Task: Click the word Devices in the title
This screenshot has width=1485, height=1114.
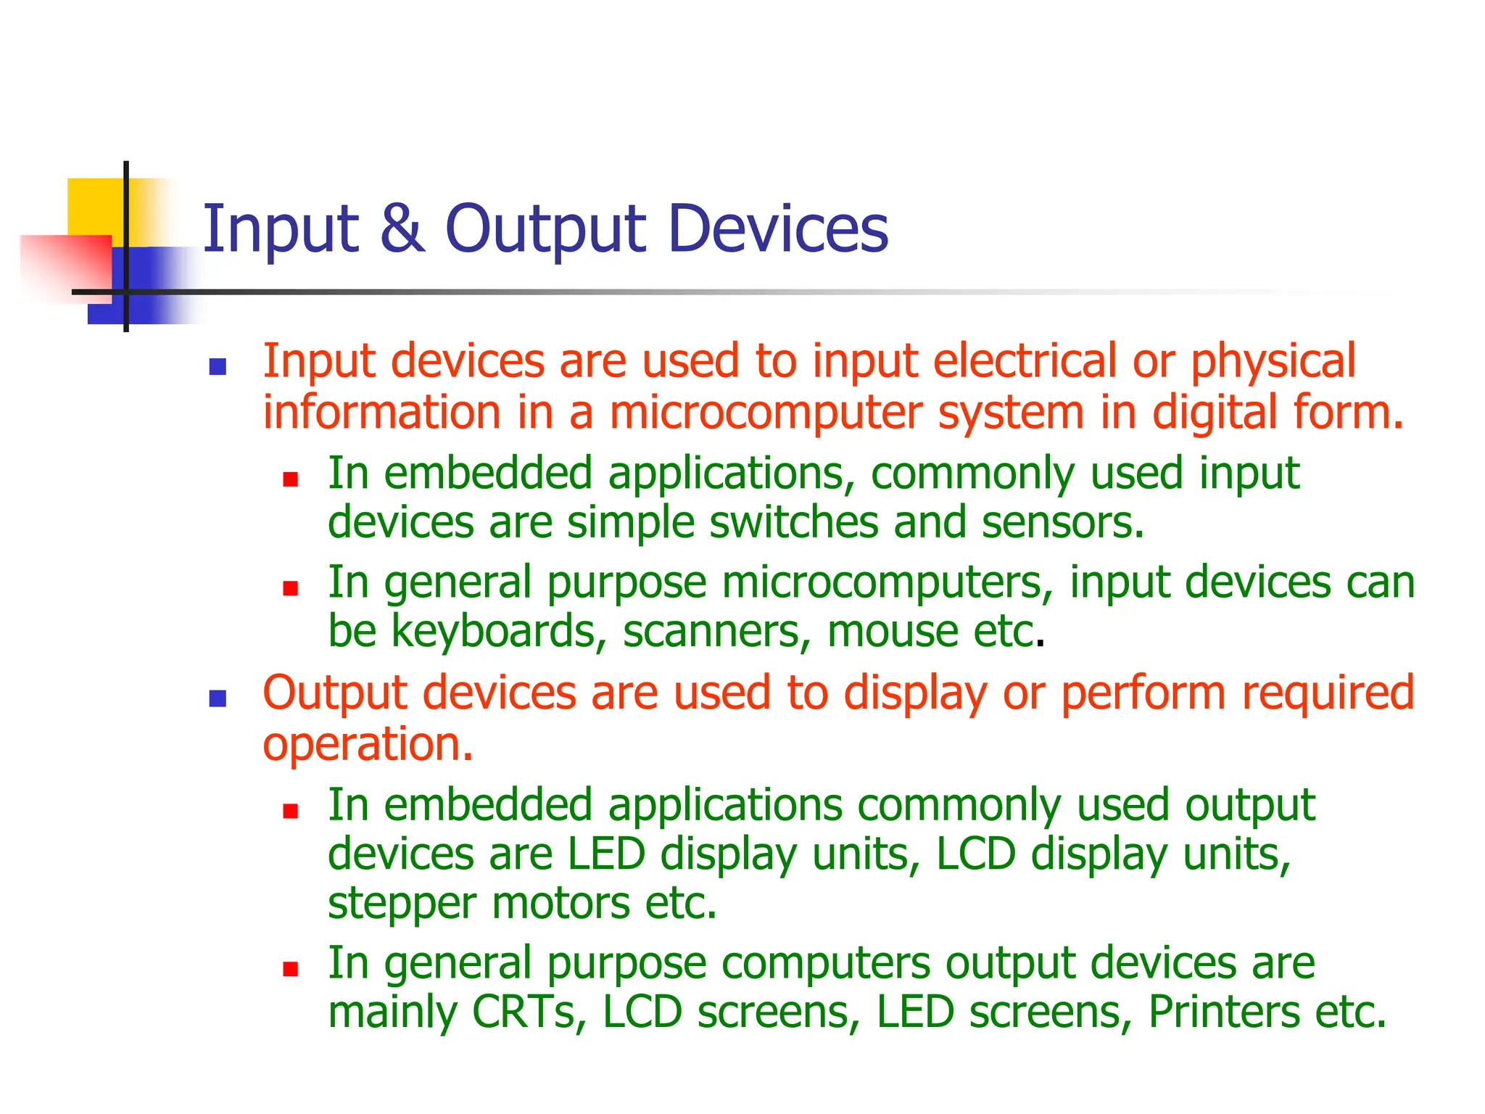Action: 777,228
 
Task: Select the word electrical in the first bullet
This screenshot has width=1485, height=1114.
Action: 1025,361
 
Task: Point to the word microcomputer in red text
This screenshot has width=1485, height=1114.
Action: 765,412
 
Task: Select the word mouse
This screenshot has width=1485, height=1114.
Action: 893,631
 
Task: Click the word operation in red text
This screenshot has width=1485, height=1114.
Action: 367,745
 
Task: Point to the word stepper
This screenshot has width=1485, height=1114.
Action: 402,904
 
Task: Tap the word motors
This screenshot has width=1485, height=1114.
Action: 561,903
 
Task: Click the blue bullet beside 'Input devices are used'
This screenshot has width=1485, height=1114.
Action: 218,367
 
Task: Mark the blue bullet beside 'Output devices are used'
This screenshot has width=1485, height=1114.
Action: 218,698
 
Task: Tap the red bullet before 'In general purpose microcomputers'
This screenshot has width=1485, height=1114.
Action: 291,588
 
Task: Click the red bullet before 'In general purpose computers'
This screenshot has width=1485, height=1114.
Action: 291,969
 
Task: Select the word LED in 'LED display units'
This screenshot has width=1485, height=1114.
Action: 606,854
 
